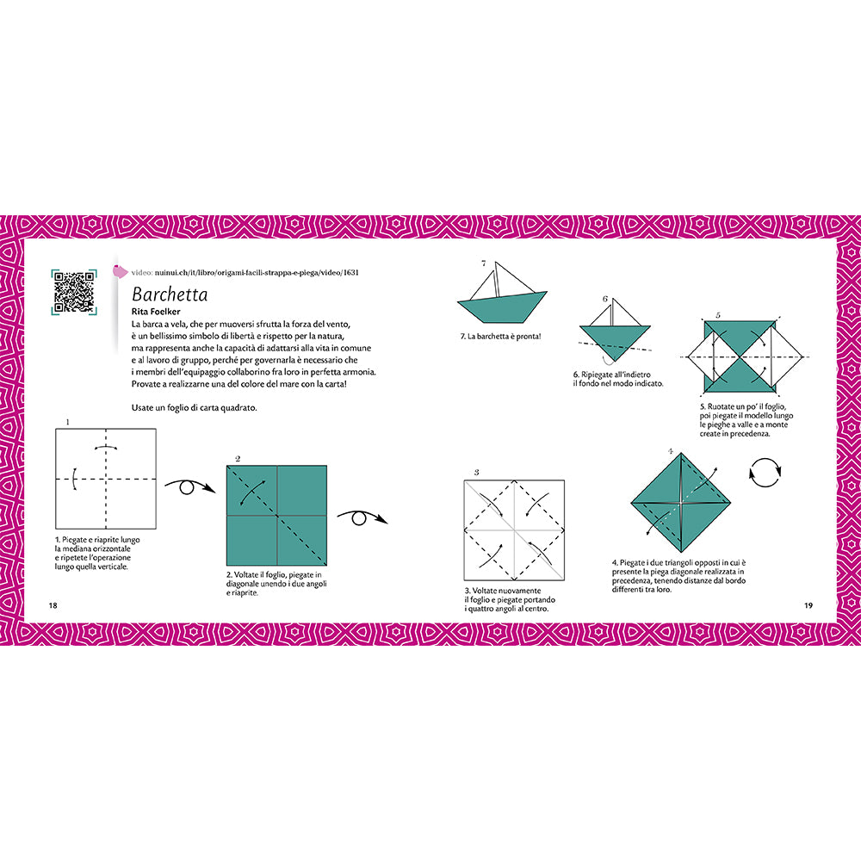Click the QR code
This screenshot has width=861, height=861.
tap(74, 293)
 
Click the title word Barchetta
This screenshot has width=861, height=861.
tap(170, 294)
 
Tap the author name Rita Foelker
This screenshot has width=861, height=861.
tap(156, 312)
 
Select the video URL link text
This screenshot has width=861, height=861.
tap(257, 272)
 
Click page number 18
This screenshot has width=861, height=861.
tap(53, 605)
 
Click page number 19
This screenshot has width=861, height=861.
tap(808, 605)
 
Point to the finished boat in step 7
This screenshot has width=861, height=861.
tap(502, 292)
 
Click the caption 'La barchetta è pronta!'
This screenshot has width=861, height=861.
tap(500, 337)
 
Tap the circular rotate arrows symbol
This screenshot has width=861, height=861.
tap(765, 473)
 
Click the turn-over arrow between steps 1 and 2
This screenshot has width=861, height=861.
tap(189, 486)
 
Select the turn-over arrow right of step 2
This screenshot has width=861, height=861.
tap(362, 517)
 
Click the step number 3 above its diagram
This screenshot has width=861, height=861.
tap(477, 472)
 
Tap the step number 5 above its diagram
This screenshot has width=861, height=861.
tap(718, 315)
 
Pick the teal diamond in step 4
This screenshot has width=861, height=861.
tap(681, 503)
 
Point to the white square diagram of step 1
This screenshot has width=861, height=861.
tap(106, 478)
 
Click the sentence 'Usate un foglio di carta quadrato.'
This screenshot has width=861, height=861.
tap(194, 408)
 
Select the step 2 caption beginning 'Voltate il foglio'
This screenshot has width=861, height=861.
tap(276, 584)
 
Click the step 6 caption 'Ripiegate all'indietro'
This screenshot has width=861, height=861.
tap(617, 379)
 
